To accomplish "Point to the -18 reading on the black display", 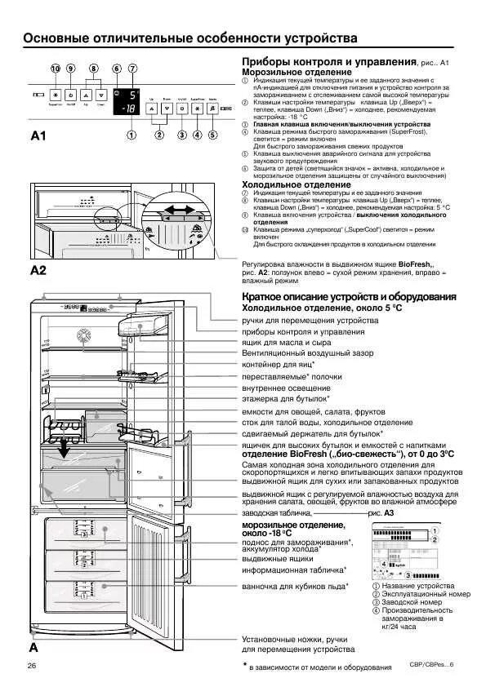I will pyautogui.click(x=126, y=108).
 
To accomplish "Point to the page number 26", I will pyautogui.click(x=32, y=666).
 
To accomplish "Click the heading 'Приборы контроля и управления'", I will pyautogui.click(x=328, y=62).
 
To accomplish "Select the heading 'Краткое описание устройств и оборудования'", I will pyautogui.click(x=348, y=296).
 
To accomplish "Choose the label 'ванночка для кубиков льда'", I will pyautogui.click(x=294, y=586).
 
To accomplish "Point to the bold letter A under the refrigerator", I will pyautogui.click(x=33, y=647).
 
